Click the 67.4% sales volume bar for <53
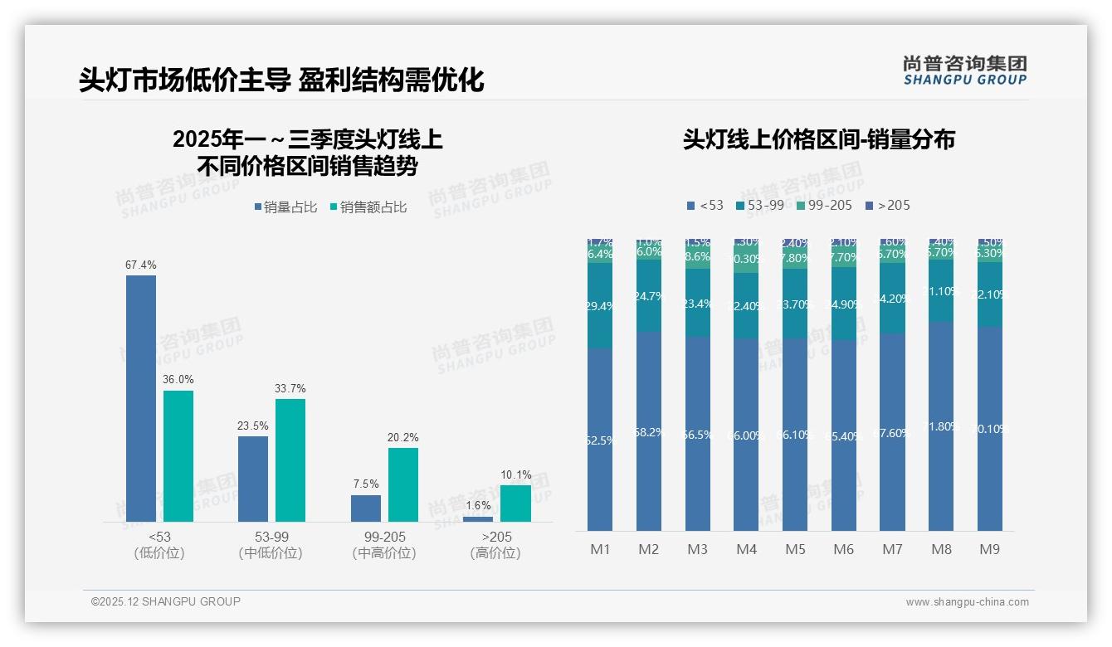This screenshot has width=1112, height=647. click(141, 398)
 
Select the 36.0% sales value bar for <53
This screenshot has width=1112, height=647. click(178, 456)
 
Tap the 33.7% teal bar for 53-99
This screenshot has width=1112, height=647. click(290, 460)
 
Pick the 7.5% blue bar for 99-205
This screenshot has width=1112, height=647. click(366, 508)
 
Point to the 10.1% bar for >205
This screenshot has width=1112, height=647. click(515, 503)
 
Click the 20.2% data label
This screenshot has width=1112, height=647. click(402, 437)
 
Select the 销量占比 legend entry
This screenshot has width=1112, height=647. click(285, 207)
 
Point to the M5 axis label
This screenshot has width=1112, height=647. click(795, 549)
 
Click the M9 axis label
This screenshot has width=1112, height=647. click(990, 549)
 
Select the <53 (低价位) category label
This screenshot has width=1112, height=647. click(159, 545)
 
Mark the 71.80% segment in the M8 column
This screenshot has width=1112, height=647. click(941, 426)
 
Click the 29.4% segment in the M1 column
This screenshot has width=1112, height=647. click(600, 306)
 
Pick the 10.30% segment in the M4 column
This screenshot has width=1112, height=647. click(746, 259)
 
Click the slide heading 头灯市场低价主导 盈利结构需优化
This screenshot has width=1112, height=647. click(281, 80)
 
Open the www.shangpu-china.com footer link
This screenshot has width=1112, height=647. click(967, 602)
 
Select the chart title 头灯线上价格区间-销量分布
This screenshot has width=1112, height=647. click(818, 139)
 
